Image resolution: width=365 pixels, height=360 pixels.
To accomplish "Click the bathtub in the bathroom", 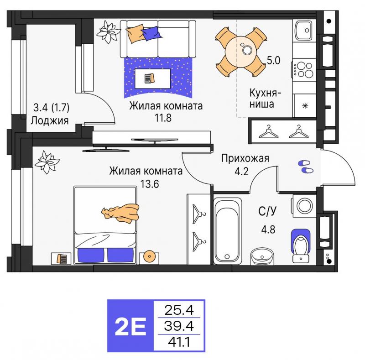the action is click(227, 231).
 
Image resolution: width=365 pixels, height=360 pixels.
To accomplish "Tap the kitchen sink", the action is click(303, 31).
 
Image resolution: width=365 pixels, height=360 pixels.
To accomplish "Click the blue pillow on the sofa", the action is click(151, 33).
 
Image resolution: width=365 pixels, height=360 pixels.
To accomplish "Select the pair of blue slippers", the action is click(306, 167).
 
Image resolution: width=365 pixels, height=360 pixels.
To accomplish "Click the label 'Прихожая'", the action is click(245, 158).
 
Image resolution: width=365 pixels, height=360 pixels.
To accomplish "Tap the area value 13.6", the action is click(150, 184).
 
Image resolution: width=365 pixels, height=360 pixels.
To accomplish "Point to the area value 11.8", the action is click(163, 118).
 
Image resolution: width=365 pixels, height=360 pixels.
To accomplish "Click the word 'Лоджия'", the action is click(50, 120).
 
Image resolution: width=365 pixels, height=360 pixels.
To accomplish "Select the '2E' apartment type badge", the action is click(130, 325).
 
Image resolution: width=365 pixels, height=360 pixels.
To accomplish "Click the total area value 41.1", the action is click(179, 342).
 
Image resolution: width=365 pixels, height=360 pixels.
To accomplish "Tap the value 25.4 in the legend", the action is click(179, 310).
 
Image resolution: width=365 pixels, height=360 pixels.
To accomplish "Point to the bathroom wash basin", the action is click(262, 256).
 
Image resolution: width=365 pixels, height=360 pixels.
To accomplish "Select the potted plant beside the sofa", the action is click(108, 32).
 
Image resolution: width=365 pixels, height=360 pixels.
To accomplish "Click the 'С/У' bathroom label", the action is click(267, 211).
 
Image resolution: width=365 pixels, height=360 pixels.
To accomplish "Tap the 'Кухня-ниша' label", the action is click(265, 99).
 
